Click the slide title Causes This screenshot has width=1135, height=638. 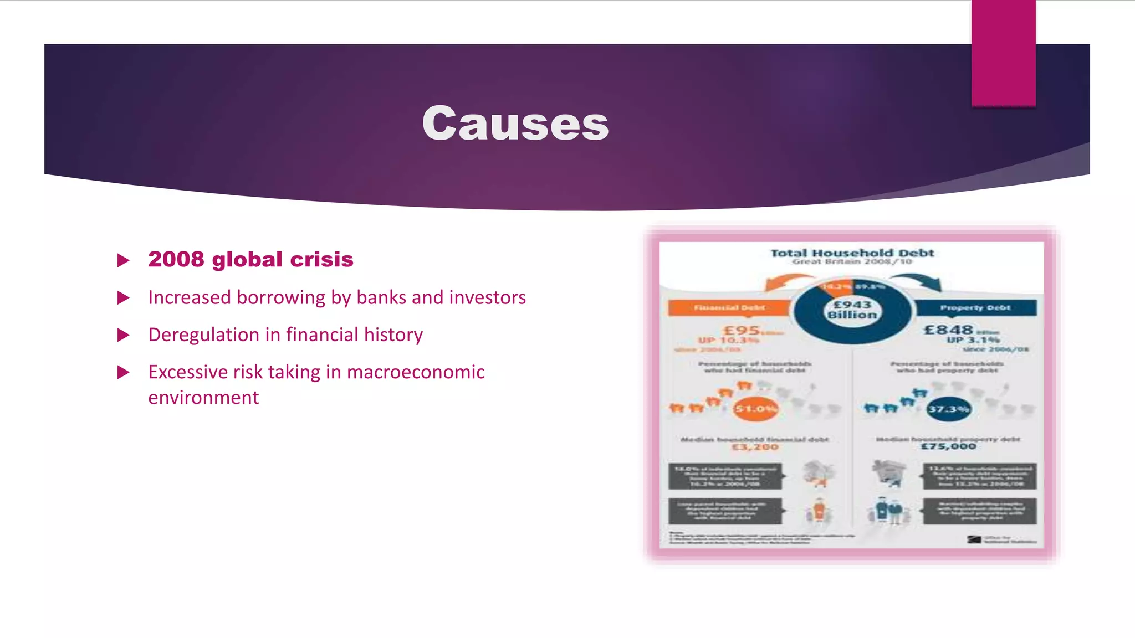point(515,124)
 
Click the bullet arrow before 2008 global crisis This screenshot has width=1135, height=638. point(124,260)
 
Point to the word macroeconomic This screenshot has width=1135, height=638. point(416,372)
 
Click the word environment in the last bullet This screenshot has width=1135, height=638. point(203,398)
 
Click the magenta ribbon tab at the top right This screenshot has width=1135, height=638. point(1003,53)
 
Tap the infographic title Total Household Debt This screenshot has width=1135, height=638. point(852,253)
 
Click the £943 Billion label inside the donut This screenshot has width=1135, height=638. point(852,310)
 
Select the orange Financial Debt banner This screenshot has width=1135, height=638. point(729,307)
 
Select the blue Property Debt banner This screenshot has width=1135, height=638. point(975,307)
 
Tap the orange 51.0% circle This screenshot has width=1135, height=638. point(755,409)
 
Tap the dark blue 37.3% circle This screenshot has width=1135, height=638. point(948,409)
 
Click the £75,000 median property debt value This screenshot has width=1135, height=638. point(948,446)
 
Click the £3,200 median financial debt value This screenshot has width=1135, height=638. point(755,447)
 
